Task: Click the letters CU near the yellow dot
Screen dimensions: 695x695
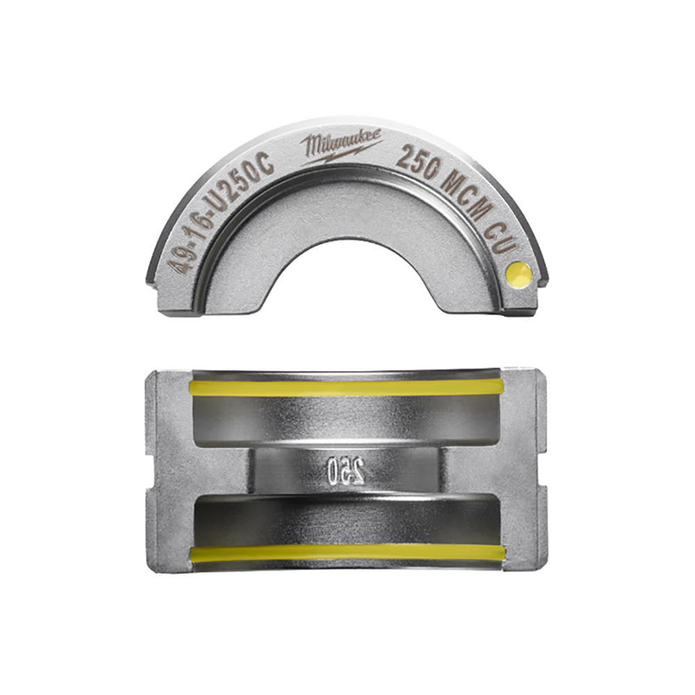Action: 499,240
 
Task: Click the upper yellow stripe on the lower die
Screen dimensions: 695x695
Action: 347,388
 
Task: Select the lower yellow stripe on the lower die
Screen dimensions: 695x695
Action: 347,553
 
